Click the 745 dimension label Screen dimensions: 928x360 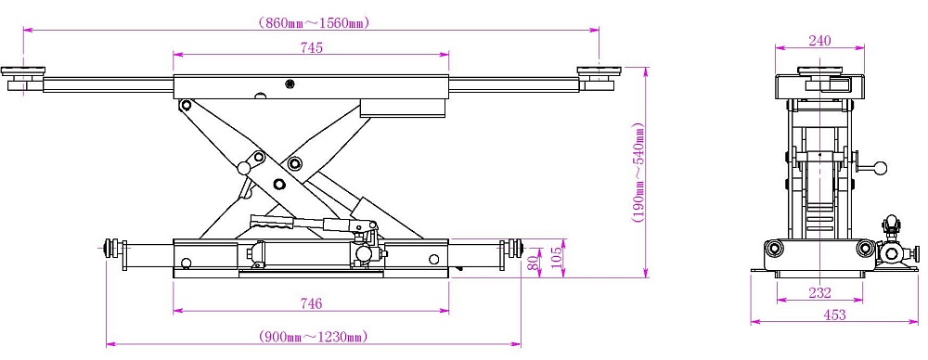(311, 48)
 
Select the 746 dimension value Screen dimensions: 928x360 (311, 303)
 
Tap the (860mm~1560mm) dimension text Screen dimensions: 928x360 (314, 23)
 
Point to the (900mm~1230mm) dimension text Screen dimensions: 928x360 (314, 337)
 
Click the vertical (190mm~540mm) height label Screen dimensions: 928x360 (638, 173)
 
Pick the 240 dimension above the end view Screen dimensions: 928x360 (819, 41)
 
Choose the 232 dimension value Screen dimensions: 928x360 (819, 292)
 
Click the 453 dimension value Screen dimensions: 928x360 (834, 315)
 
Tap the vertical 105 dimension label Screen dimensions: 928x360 (557, 258)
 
